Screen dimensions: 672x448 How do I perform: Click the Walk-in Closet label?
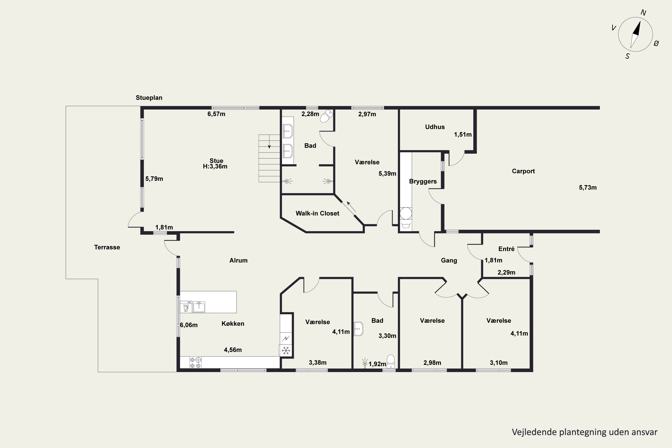point(317,213)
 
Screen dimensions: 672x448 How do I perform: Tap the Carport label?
point(523,171)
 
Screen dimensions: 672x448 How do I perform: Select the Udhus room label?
point(435,127)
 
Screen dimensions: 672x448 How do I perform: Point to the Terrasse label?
point(107,247)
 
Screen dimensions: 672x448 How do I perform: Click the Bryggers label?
point(423,181)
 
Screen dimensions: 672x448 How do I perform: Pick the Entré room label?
point(506,249)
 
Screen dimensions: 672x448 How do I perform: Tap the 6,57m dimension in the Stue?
point(216,114)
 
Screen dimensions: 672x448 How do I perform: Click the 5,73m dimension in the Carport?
point(588,187)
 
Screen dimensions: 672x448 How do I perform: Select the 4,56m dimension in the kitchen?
point(233,350)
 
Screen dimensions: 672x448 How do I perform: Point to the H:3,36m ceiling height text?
point(215,166)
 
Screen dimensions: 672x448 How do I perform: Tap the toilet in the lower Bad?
point(391,362)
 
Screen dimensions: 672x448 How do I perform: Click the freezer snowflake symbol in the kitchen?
point(286,350)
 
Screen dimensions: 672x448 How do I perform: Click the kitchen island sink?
point(199,307)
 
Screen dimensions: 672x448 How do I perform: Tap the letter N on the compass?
point(643,13)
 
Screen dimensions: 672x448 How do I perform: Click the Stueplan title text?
point(149,98)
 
